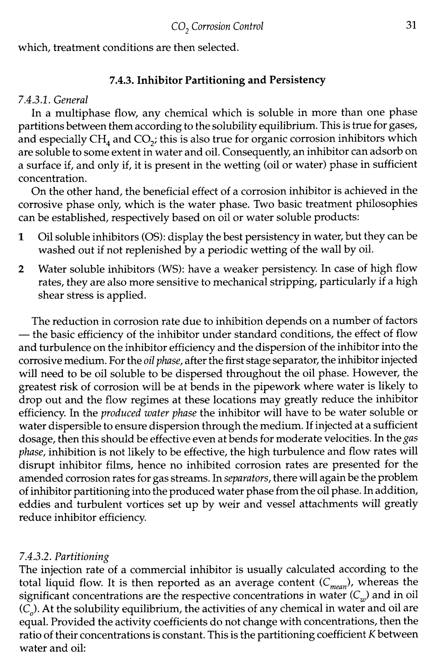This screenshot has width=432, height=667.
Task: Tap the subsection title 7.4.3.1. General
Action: point(53,99)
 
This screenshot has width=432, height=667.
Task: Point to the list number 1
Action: point(20,237)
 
